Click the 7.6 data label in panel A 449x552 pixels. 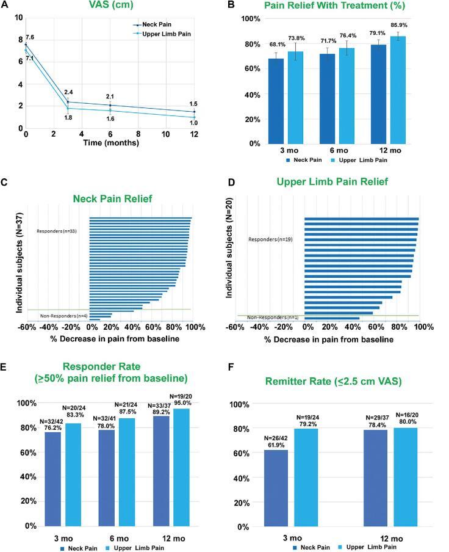coord(30,37)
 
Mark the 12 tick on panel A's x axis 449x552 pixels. coord(194,134)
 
